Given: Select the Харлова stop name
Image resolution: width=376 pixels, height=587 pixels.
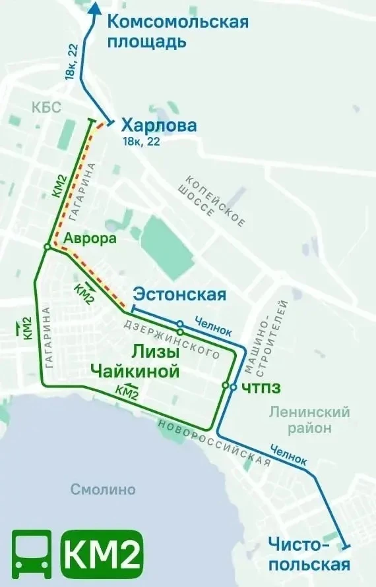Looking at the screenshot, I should pyautogui.click(x=159, y=125).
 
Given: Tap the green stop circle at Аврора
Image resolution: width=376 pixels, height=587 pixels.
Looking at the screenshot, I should pyautogui.click(x=47, y=246).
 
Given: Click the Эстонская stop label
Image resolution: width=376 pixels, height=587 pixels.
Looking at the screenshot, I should pyautogui.click(x=179, y=294).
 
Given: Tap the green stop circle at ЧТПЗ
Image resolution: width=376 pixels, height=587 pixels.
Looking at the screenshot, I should pyautogui.click(x=225, y=385).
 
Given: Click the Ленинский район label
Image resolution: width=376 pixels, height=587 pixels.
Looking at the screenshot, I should pyautogui.click(x=309, y=420).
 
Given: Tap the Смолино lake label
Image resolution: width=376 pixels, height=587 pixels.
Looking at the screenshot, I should pyautogui.click(x=103, y=489).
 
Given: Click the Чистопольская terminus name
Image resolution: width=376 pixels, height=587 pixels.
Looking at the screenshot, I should pyautogui.click(x=308, y=554).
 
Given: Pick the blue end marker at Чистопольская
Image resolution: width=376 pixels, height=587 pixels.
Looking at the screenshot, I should pyautogui.click(x=346, y=546).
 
